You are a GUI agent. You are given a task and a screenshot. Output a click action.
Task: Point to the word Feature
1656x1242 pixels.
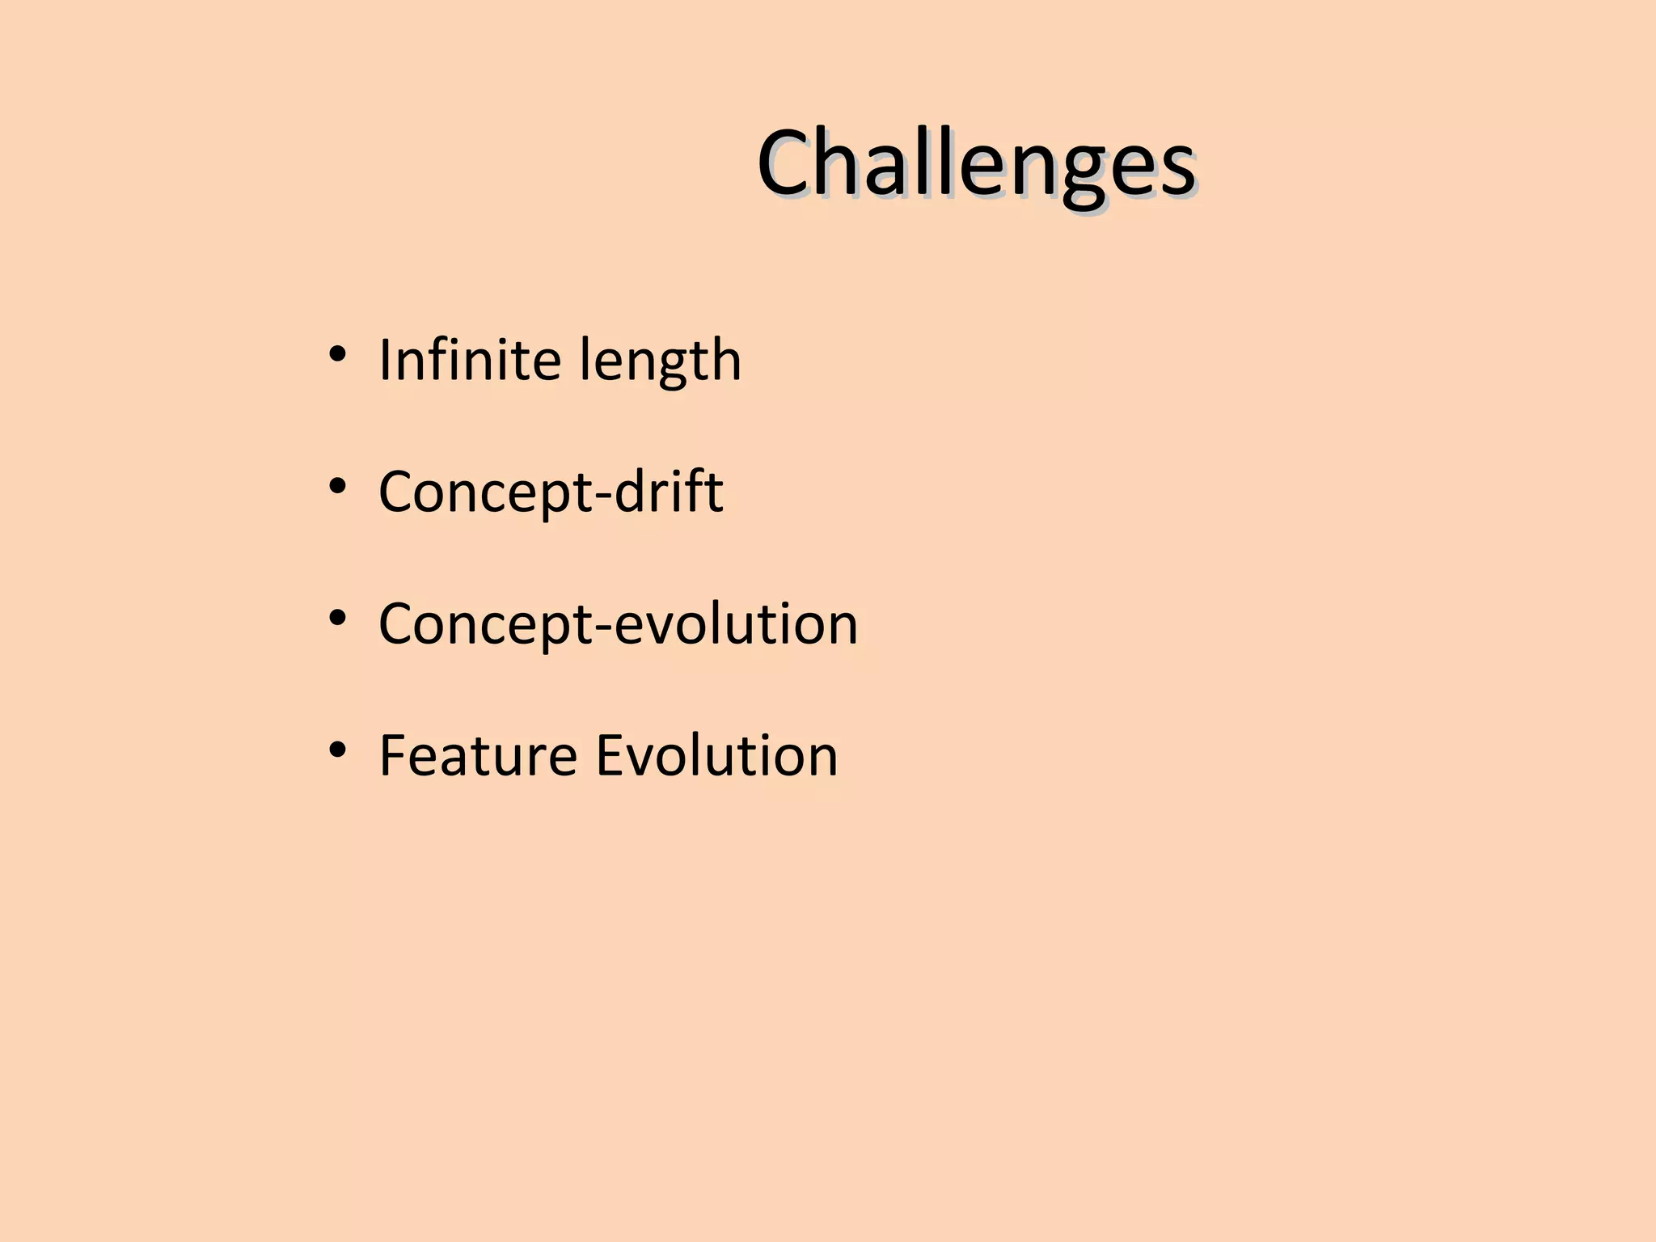click(477, 755)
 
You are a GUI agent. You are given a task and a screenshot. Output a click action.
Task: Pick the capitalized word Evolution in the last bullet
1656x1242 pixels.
click(716, 755)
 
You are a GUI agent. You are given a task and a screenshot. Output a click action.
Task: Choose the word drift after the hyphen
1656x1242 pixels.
click(669, 491)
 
